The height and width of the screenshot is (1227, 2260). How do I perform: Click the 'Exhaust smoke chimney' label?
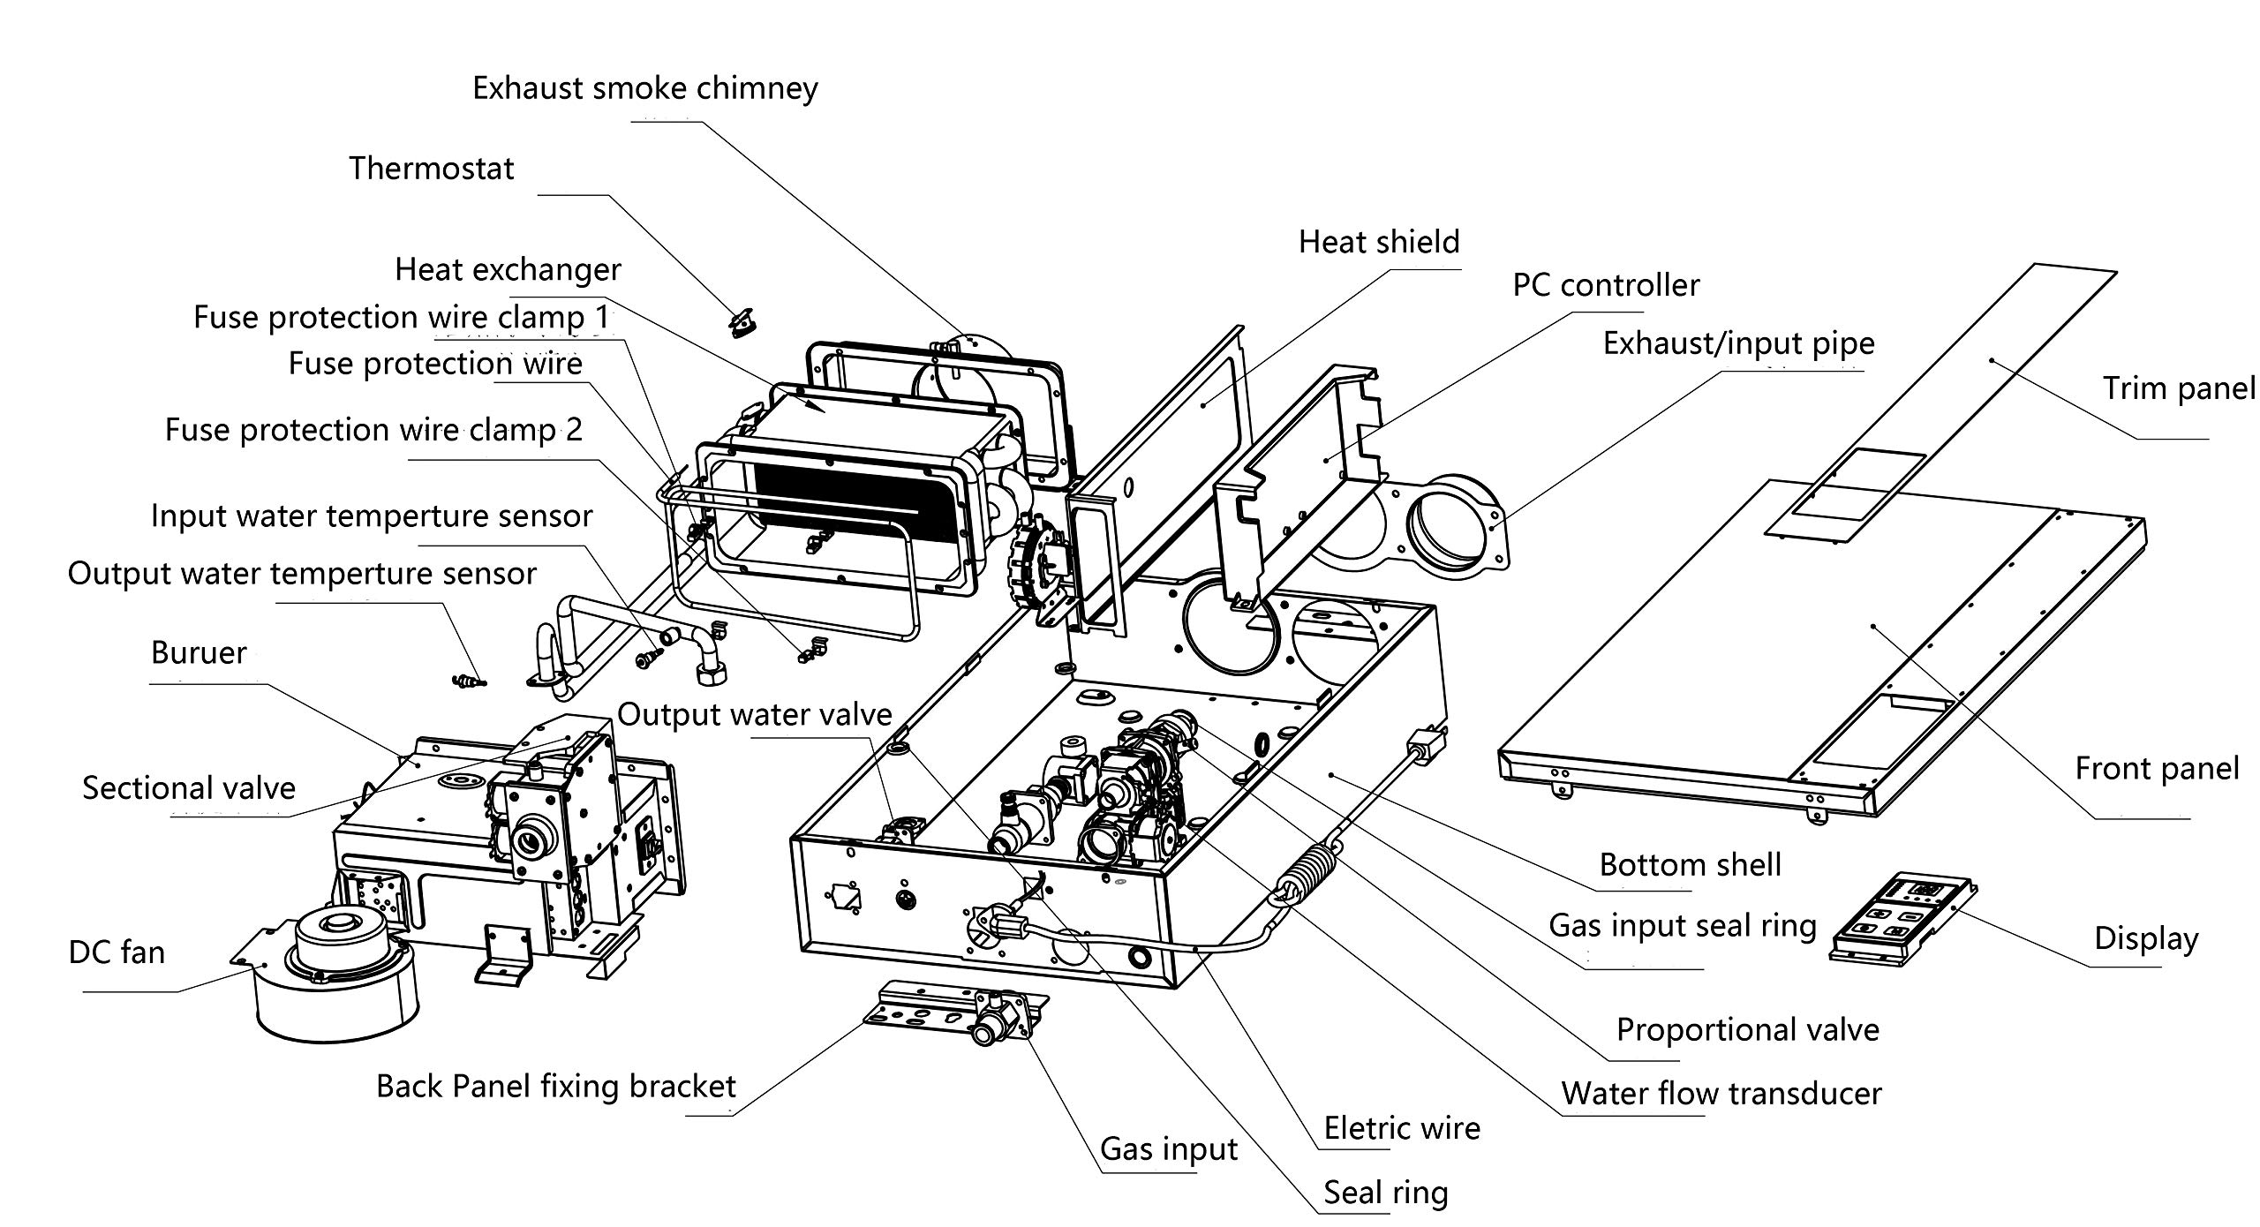click(x=645, y=88)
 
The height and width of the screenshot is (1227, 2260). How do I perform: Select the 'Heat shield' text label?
click(x=1379, y=242)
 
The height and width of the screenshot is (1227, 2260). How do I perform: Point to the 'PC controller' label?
click(x=1606, y=285)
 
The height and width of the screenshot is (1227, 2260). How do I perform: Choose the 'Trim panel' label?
click(x=2179, y=388)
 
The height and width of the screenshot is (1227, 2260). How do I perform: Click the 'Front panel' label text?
click(x=2157, y=769)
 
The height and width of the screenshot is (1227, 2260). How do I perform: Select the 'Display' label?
click(x=2146, y=938)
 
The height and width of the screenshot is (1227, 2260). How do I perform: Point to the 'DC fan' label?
click(x=117, y=952)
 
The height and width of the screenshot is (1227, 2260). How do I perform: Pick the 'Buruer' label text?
click(x=199, y=653)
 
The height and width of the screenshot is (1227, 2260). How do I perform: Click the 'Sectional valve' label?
click(x=189, y=788)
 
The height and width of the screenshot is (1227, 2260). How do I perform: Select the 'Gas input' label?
click(x=1169, y=1149)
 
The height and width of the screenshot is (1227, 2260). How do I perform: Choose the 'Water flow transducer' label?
click(x=1721, y=1094)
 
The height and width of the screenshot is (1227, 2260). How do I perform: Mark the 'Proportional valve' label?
click(x=1747, y=1030)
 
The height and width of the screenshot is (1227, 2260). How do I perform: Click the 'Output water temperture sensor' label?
click(x=302, y=574)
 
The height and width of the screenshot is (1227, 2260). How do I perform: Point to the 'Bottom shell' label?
click(x=1690, y=864)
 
